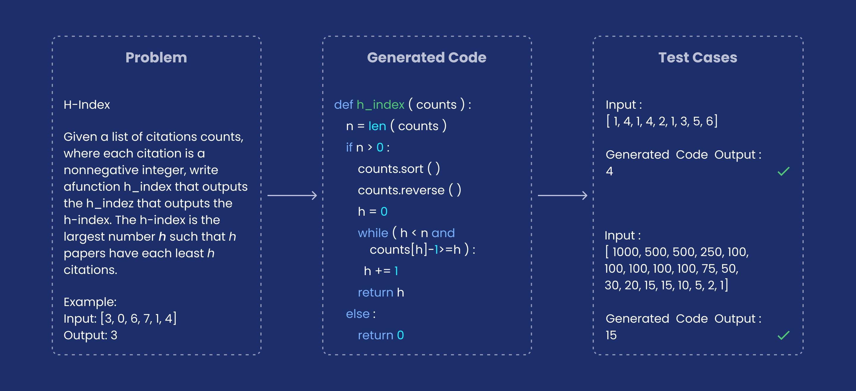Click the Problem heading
pyautogui.click(x=156, y=57)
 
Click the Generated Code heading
pyautogui.click(x=427, y=57)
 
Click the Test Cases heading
pyautogui.click(x=698, y=57)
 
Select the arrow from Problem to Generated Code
pyautogui.click(x=292, y=195)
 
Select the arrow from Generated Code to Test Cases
pyautogui.click(x=563, y=195)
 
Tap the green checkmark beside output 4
pyautogui.click(x=783, y=171)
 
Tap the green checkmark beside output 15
pyautogui.click(x=783, y=335)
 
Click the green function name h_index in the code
pyautogui.click(x=380, y=105)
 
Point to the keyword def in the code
pyautogui.click(x=343, y=105)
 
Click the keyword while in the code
pyautogui.click(x=373, y=233)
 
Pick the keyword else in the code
pyautogui.click(x=358, y=313)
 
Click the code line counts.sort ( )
pyautogui.click(x=399, y=169)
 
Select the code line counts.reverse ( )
pyautogui.click(x=409, y=190)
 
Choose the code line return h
pyautogui.click(x=381, y=292)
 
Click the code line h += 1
pyautogui.click(x=381, y=271)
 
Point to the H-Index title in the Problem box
pyautogui.click(x=87, y=105)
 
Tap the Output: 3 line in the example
pyautogui.click(x=90, y=335)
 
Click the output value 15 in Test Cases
pyautogui.click(x=611, y=335)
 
